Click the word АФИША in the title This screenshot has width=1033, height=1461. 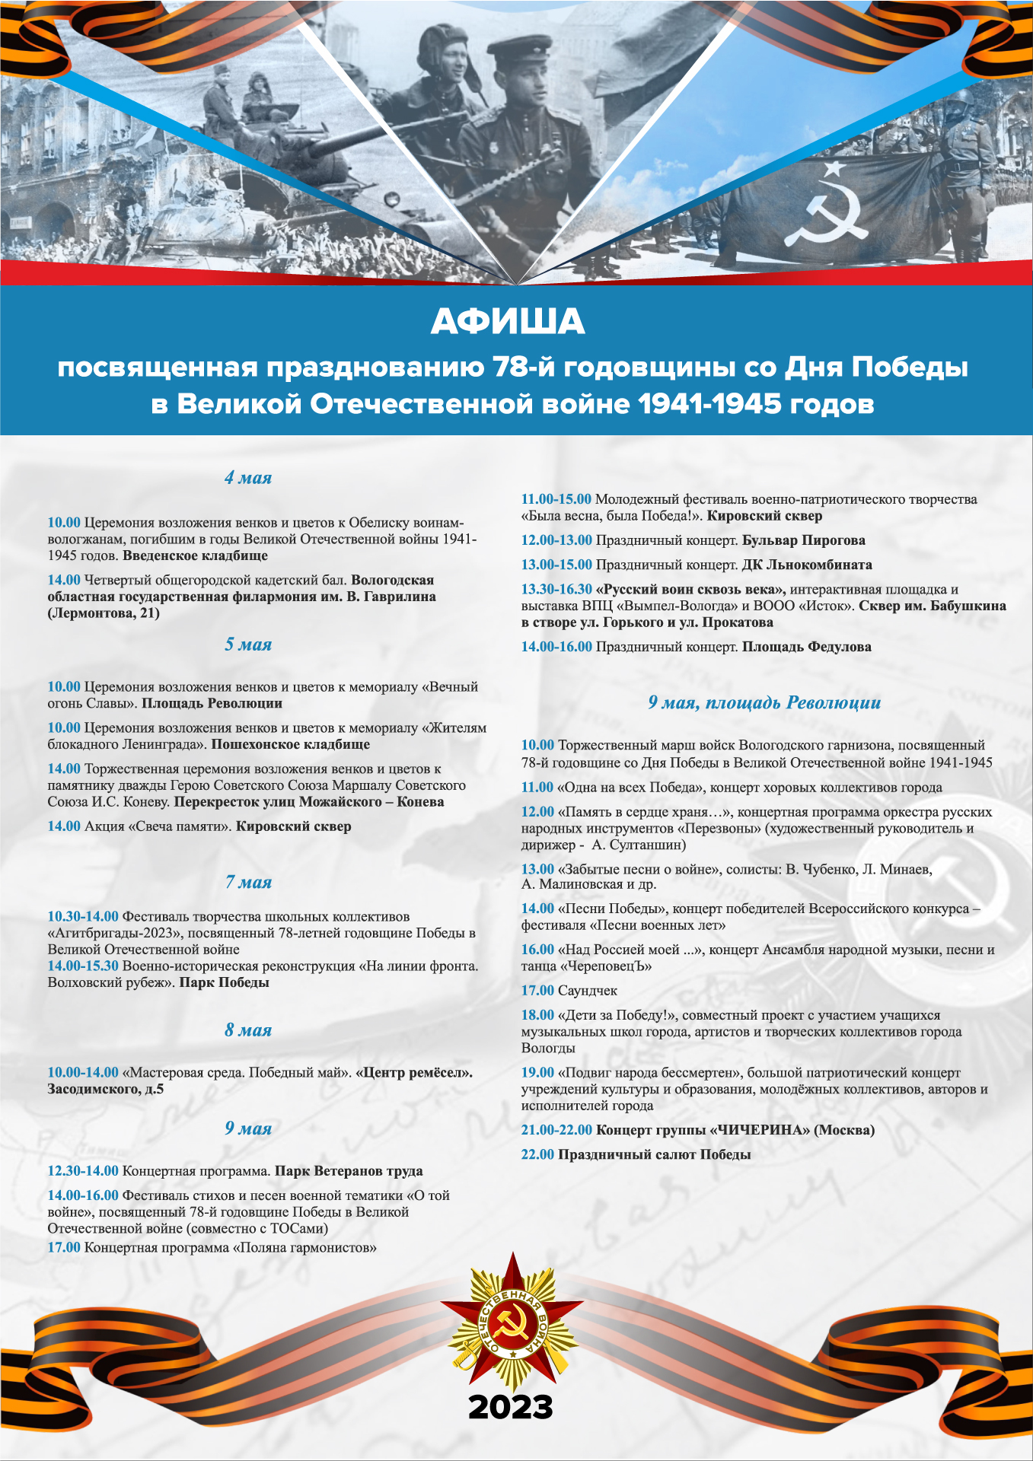coord(508,323)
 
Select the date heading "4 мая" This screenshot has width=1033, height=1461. coord(248,478)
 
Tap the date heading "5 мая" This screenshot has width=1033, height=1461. coord(248,645)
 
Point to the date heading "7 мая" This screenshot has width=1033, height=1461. coord(248,882)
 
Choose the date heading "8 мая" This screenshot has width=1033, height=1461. coord(248,1030)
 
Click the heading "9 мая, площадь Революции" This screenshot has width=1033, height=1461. coord(764,702)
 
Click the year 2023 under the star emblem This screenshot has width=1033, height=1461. coord(511,1408)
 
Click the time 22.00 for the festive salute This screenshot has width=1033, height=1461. coord(537,1154)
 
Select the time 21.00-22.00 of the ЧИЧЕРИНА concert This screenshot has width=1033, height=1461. coord(556,1130)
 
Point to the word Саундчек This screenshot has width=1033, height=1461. coord(588,991)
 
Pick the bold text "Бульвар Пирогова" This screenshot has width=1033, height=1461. coord(804,540)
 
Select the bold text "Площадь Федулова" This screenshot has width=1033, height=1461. coord(807,647)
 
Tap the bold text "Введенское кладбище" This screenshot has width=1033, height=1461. coord(195,555)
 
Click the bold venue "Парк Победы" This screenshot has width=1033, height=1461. coord(224,982)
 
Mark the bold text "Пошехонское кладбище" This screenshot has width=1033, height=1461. coord(290,744)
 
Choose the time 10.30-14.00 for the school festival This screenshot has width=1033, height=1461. coord(83,916)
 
